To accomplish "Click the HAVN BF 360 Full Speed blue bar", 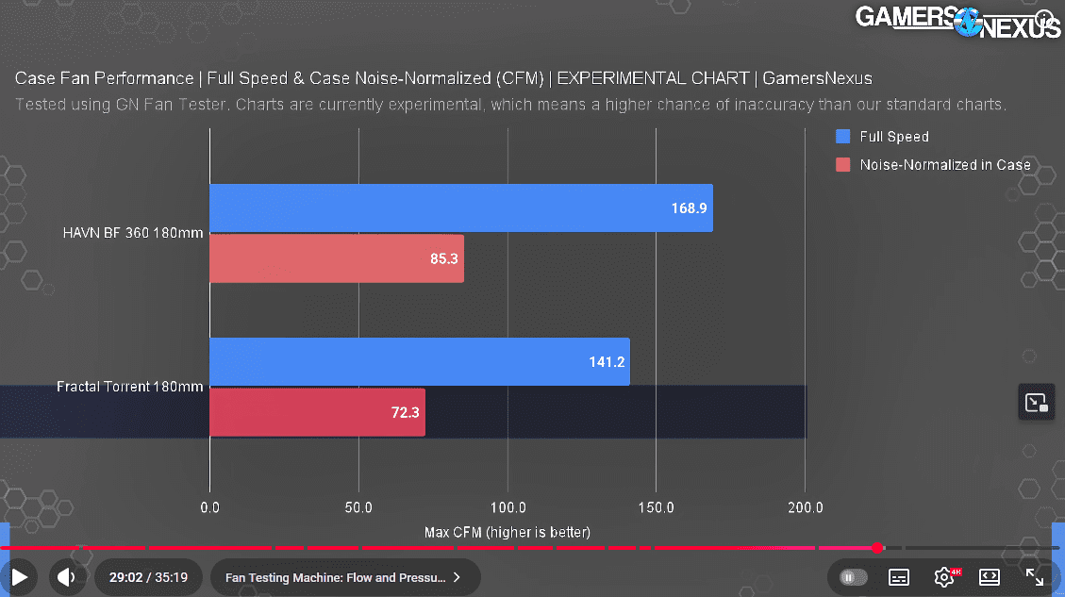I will [x=460, y=207].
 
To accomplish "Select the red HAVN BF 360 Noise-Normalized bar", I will [x=336, y=258].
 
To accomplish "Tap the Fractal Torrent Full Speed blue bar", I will [x=419, y=361].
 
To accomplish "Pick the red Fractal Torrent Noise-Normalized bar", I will [x=317, y=412].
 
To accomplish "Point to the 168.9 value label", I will [x=688, y=207].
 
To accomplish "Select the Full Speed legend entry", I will [x=893, y=137].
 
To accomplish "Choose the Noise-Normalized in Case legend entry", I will [x=944, y=165].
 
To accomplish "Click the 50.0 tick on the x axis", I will [x=358, y=507].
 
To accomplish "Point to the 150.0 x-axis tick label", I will [x=656, y=507].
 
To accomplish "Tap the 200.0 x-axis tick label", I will [x=805, y=507].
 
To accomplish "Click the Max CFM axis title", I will [x=508, y=532].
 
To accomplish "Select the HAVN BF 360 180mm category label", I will [x=133, y=233].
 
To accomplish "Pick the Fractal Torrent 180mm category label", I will [x=129, y=387].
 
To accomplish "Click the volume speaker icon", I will [x=65, y=576].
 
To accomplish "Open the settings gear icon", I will [x=943, y=576].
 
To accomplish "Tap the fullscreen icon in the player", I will [x=1034, y=576].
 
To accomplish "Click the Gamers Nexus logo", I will [x=958, y=22].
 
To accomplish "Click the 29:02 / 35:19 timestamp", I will [x=148, y=577].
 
